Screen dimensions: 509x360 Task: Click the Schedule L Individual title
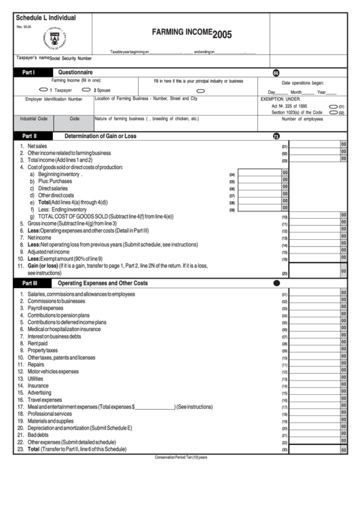point(45,18)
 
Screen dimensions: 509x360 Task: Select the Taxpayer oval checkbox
point(43,89)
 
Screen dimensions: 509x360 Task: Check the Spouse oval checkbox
point(86,89)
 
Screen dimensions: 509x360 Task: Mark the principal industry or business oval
point(200,90)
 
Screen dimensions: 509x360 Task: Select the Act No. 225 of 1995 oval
point(333,107)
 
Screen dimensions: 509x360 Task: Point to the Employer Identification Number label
point(54,99)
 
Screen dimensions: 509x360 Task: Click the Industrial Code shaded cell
point(33,119)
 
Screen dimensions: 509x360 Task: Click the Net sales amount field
point(314,146)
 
